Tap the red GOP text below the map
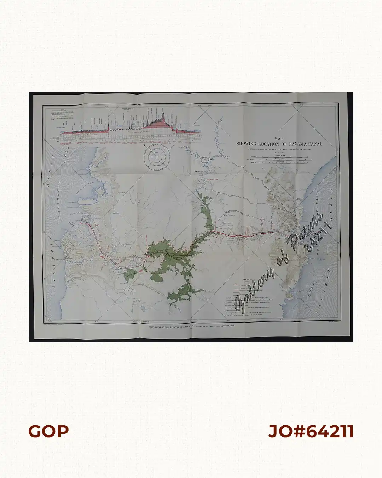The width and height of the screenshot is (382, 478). pyautogui.click(x=48, y=431)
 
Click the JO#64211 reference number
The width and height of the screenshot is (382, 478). pyautogui.click(x=311, y=431)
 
